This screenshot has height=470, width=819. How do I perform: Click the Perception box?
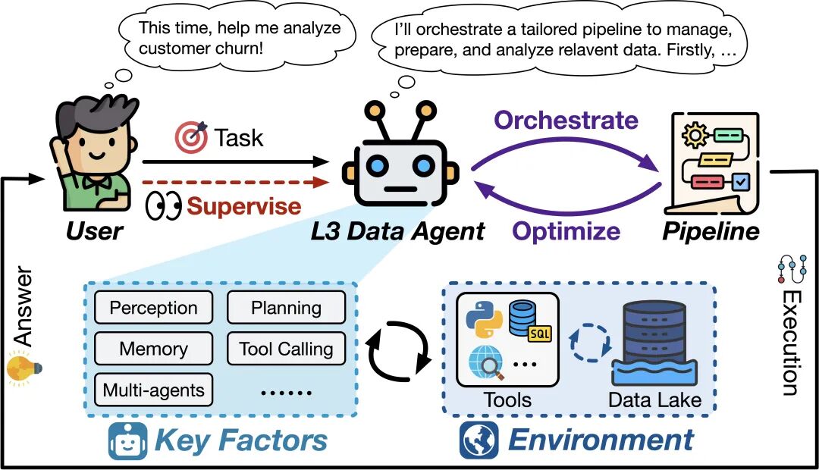(x=153, y=309)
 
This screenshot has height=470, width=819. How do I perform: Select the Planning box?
(x=286, y=309)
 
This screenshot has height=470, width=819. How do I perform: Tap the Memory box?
(x=153, y=349)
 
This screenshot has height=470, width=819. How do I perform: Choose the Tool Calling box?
(x=286, y=349)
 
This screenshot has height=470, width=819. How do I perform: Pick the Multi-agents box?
(x=153, y=390)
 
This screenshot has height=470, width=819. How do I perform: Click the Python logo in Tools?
(x=482, y=319)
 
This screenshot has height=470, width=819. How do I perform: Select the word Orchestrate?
(x=566, y=120)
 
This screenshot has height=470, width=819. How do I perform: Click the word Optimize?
(x=566, y=230)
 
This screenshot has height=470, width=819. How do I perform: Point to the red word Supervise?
(x=243, y=206)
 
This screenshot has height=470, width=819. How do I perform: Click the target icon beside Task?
(x=191, y=137)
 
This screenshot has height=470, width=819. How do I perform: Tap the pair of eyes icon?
(x=163, y=207)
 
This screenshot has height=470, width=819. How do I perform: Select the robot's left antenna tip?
(x=374, y=111)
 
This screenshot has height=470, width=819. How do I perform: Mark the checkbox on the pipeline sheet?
(x=739, y=182)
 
